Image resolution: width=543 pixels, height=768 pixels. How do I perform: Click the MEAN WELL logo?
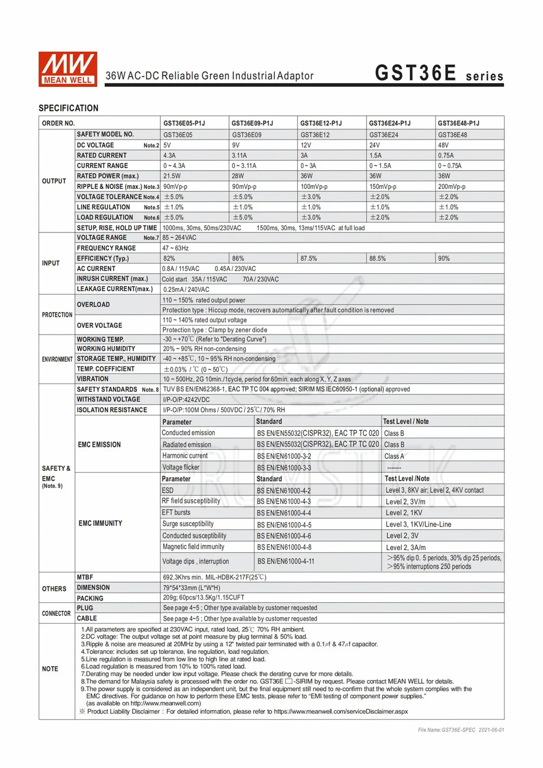pos(68,69)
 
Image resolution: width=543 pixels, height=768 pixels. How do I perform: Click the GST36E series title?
pos(439,73)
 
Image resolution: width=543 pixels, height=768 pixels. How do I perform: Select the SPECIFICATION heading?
pos(68,108)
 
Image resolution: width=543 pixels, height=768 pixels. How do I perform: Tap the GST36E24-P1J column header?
pos(389,123)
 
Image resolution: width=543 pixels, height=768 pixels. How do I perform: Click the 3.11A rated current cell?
pos(239,155)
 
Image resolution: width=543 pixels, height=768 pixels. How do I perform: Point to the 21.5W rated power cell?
pos(172,176)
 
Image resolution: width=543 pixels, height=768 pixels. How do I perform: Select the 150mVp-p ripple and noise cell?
pos(383,186)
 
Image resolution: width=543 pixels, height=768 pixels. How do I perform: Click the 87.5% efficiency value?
pos(308,259)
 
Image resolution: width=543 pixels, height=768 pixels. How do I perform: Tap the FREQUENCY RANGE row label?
pos(106,248)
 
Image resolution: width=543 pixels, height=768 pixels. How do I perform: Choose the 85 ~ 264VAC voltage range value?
pos(179,238)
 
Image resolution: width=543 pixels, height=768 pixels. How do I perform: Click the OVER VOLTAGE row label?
pos(99,325)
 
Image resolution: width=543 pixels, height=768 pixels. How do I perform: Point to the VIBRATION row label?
pos(93,379)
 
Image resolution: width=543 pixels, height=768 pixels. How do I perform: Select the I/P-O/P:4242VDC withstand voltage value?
pos(186,400)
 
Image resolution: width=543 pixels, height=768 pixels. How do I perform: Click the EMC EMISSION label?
pos(99,445)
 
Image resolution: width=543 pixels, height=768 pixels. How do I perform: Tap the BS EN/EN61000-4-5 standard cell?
pos(284,525)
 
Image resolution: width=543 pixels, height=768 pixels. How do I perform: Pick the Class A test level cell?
pos(394,456)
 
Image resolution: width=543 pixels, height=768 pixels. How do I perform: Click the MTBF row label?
pos(85,577)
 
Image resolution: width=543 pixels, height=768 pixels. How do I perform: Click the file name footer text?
pos(461,730)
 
